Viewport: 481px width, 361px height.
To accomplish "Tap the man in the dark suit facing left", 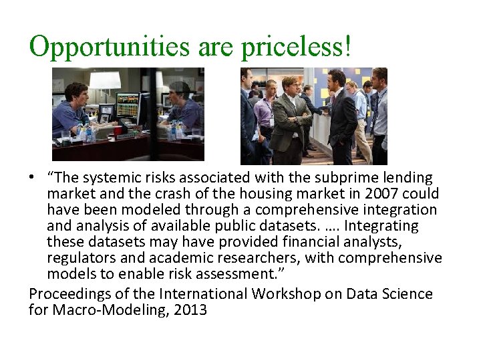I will point(343,117).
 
